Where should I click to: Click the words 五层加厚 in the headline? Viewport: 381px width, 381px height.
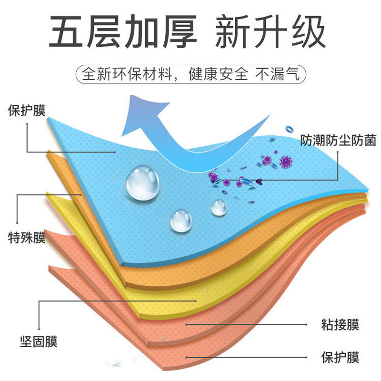coord(123,32)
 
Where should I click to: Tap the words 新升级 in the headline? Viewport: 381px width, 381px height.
coord(270,32)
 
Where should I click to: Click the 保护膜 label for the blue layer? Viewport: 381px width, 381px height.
coord(26,110)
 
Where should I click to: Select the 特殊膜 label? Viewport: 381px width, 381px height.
coord(26,237)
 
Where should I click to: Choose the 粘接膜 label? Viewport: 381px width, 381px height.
coord(340,325)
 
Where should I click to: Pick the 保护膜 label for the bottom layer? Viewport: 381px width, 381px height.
coord(340,356)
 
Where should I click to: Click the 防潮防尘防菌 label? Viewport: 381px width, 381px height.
coord(338,140)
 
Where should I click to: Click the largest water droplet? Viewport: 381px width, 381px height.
coord(142,182)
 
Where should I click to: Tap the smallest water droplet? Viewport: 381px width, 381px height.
coord(219,207)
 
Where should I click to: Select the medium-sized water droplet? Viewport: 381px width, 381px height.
coord(181,221)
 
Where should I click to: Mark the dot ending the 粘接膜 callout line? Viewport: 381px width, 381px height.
coord(187,325)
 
